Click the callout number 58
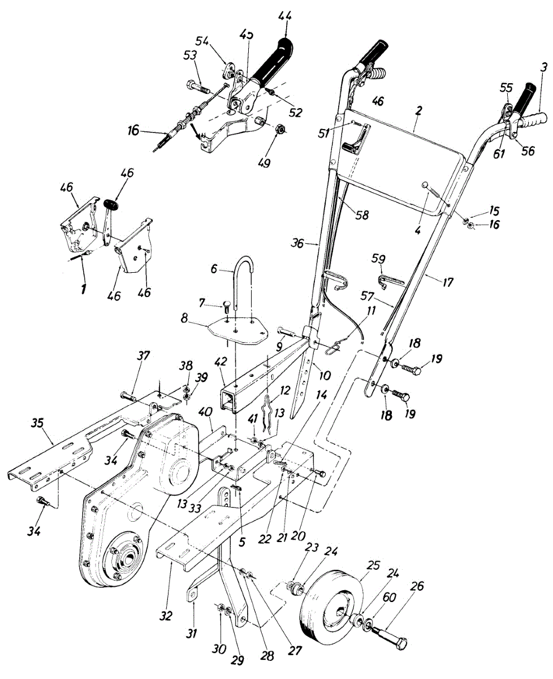[x=361, y=216]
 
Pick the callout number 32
[x=166, y=615]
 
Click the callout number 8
[x=184, y=319]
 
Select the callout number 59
[x=378, y=259]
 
